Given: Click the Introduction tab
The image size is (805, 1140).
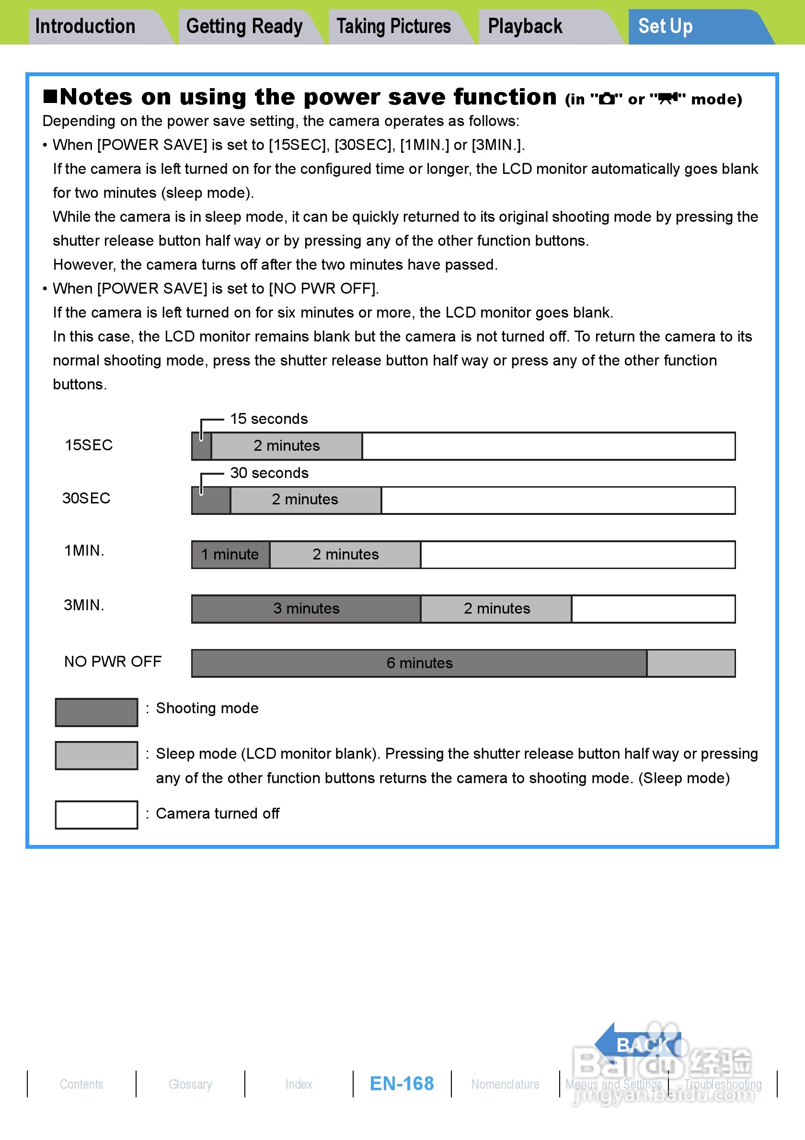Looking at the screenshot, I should click(x=85, y=27).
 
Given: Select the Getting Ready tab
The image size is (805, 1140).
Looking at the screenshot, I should click(x=244, y=27).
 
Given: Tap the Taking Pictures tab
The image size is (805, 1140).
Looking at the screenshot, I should click(x=394, y=27).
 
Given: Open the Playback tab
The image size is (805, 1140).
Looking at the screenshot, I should click(x=526, y=27).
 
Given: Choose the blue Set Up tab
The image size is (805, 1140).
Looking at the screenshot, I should click(x=666, y=27).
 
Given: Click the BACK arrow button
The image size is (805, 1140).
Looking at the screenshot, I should click(x=638, y=1044).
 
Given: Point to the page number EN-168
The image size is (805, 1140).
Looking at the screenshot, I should click(x=402, y=1084).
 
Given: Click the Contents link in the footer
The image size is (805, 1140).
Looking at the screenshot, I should click(x=81, y=1084).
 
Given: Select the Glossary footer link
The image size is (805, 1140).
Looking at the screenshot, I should click(x=190, y=1084).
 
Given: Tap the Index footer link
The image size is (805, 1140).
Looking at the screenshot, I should click(x=299, y=1084).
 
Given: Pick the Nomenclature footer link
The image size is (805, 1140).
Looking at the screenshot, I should click(x=505, y=1084).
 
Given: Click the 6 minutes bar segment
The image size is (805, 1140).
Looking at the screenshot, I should click(x=419, y=663).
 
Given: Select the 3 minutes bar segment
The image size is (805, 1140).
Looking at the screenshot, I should click(x=306, y=609).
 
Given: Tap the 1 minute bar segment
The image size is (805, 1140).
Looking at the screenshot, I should click(x=231, y=555).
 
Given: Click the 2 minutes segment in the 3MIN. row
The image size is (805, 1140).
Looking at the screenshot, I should click(x=496, y=609).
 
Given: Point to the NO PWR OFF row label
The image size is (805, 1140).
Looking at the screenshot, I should click(x=113, y=662).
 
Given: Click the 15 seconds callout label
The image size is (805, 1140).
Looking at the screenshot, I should click(x=269, y=419).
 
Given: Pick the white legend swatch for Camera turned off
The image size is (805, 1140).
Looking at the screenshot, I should click(x=96, y=815).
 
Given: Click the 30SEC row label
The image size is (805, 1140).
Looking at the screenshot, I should click(x=86, y=499).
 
